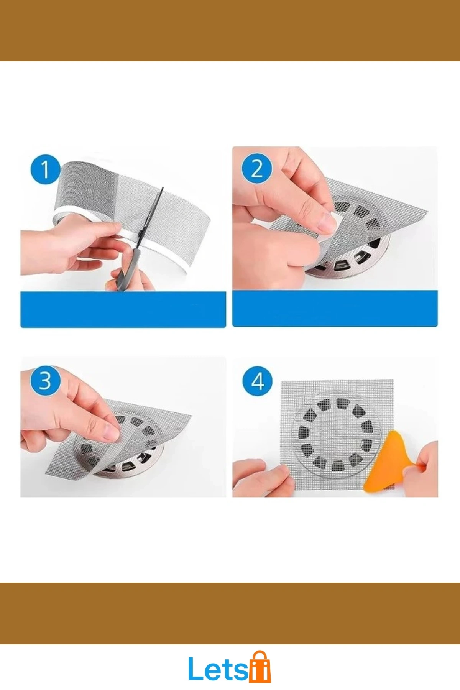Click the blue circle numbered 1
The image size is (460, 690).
pos(46,169)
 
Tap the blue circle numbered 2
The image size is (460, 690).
pos(257,169)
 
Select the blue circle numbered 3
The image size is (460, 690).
pos(45,381)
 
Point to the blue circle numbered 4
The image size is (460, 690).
pos(258,381)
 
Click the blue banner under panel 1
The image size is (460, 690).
pos(123,309)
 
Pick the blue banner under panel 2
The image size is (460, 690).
pos(335,309)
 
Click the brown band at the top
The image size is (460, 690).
pos(230,31)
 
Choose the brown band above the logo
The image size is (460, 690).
pos(230,613)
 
